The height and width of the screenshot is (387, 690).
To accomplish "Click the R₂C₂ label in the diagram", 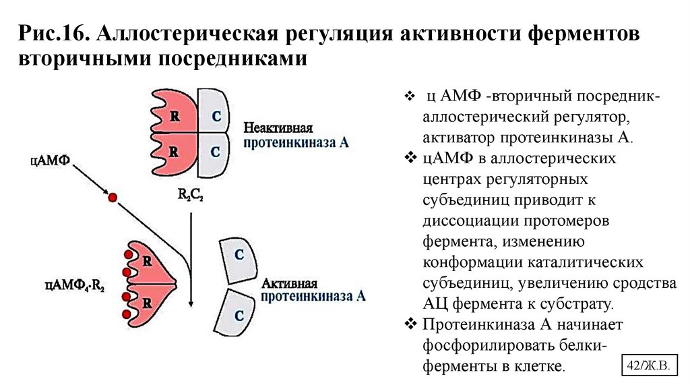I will [x=191, y=195].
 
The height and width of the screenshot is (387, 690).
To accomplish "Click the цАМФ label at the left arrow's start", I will [x=51, y=162].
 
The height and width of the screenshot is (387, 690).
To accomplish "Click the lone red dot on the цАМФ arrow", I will [x=113, y=198].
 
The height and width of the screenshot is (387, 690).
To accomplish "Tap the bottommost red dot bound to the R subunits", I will [x=125, y=314].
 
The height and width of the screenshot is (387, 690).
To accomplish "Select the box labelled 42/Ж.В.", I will [x=646, y=364].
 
